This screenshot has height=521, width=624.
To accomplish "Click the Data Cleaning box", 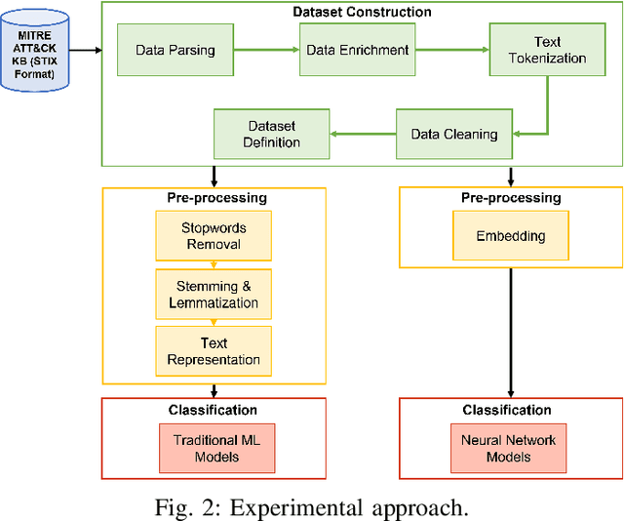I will (454, 134).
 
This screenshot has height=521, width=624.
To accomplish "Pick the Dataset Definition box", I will (271, 134).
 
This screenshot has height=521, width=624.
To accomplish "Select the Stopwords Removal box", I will (214, 236).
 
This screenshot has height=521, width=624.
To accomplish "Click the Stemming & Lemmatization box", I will (214, 296).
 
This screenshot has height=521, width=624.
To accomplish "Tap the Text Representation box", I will (214, 351).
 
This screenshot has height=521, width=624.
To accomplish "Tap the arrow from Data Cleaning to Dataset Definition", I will (363, 134).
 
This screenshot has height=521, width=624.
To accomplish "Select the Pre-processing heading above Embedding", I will (510, 198).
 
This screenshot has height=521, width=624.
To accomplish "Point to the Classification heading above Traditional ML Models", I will (213, 410).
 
